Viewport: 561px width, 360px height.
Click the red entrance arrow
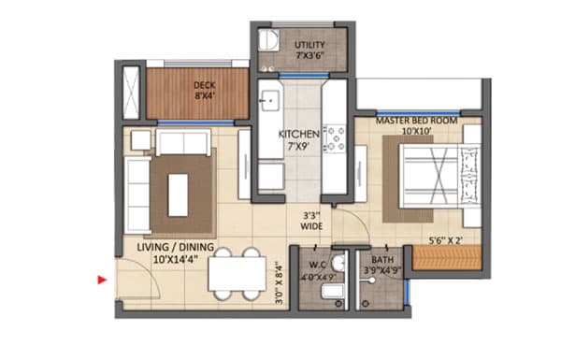(x=102, y=278)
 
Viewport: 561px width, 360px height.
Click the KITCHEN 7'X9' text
(x=299, y=140)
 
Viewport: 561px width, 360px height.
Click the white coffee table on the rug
(x=176, y=193)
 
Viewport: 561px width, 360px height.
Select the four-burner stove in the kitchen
(x=334, y=136)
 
